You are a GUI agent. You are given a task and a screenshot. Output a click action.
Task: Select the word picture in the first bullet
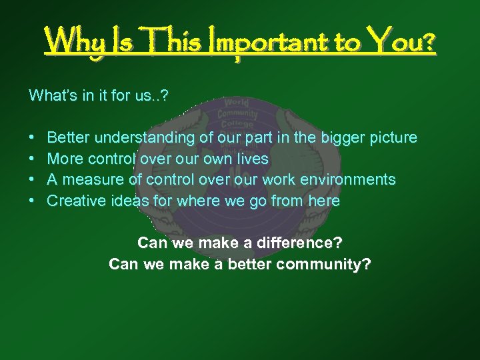[x=390, y=138]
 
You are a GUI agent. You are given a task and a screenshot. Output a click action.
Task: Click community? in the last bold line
[x=324, y=264]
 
